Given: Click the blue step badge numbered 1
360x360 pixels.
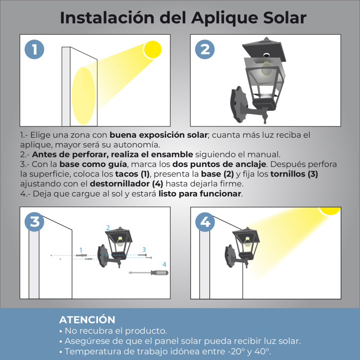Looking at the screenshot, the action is (35, 49).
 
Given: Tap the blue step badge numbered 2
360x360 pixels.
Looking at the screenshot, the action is (205, 49).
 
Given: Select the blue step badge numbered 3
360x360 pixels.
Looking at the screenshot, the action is (35, 222).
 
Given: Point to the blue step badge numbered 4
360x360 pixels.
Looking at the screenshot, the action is (205, 222).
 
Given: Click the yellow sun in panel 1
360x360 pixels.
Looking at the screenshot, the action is (153, 49).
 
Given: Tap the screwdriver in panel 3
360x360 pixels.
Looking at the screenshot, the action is (148, 273).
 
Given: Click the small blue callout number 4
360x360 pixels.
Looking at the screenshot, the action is (164, 265).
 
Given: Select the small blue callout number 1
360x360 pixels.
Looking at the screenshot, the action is (81, 250).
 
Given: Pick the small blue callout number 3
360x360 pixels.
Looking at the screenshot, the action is (144, 250).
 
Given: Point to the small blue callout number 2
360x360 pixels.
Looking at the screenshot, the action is (108, 228).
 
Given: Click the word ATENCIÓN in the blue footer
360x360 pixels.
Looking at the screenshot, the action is (87, 319).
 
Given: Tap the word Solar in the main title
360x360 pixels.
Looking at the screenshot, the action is (285, 18).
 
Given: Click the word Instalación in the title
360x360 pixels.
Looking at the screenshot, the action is (107, 18).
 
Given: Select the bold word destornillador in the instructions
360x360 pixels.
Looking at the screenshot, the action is (120, 184).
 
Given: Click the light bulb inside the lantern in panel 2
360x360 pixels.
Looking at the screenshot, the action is (266, 68).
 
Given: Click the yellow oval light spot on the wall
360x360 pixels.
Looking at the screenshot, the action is (83, 96).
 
